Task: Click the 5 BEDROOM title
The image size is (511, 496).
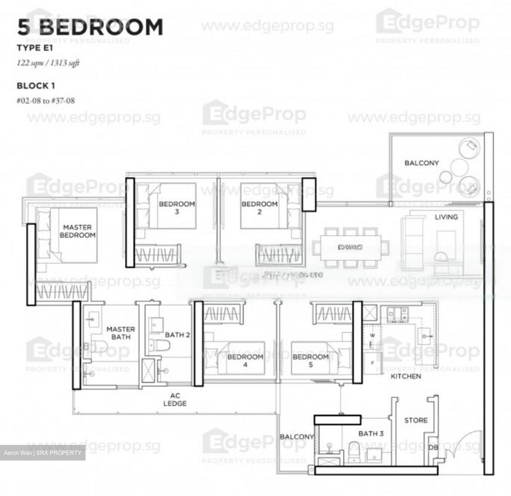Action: point(90,27)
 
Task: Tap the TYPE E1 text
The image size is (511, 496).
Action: point(35,48)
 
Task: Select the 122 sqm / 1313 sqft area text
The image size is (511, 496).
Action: point(48,63)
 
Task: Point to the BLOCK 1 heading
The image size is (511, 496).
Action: point(36,86)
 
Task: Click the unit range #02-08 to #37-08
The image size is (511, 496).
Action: point(46,101)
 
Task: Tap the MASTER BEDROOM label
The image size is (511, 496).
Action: point(77,231)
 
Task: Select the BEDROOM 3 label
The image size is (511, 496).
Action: point(177,208)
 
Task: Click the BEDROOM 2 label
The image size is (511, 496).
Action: point(259,208)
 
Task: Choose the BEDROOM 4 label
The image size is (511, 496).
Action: point(245,360)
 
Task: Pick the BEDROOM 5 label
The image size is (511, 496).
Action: point(311,360)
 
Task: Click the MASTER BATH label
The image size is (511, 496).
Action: point(121,333)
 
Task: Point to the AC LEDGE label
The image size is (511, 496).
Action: point(175,399)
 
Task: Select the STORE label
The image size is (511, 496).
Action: point(416,420)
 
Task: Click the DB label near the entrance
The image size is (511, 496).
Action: point(433,447)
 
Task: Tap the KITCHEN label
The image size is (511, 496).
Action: point(406,376)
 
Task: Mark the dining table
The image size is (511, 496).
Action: point(350,247)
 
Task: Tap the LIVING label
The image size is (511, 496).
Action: point(446,217)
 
